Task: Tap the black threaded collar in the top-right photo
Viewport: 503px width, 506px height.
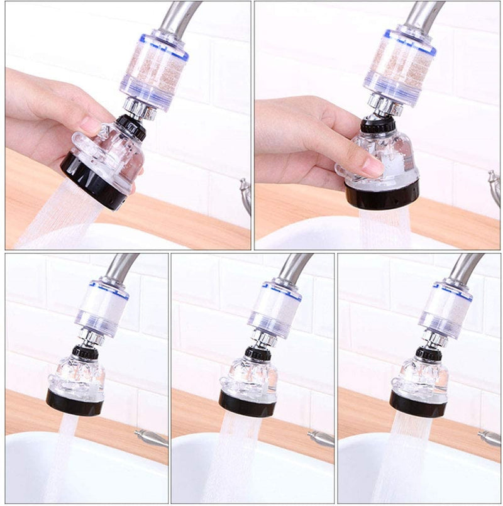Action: (x=378, y=124)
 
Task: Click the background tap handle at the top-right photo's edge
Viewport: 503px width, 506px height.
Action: (x=495, y=183)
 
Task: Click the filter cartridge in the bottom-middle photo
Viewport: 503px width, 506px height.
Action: (x=274, y=309)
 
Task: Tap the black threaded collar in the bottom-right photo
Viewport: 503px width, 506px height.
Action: (x=428, y=353)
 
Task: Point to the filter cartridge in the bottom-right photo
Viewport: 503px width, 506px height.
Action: (x=446, y=309)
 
